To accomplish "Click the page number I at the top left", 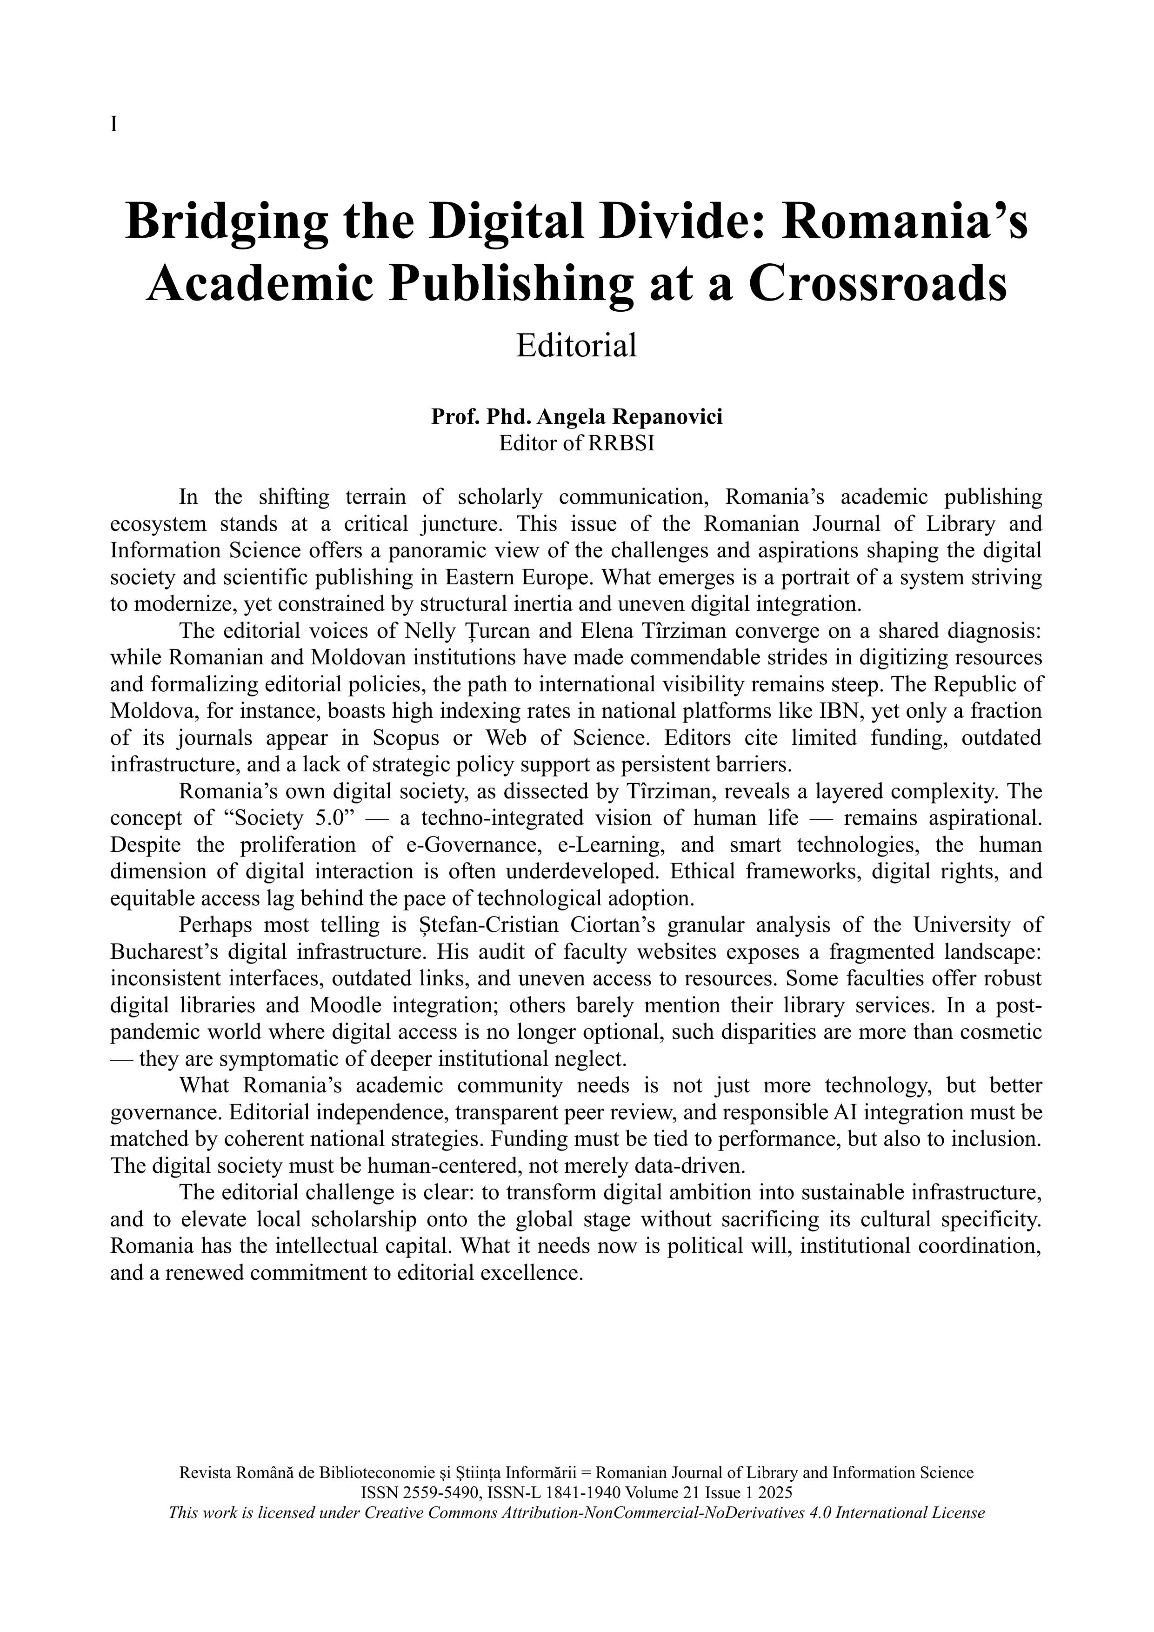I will (113, 125).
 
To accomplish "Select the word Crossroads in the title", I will (878, 284).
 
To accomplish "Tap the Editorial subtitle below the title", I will (576, 346).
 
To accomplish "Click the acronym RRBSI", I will (620, 443).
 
